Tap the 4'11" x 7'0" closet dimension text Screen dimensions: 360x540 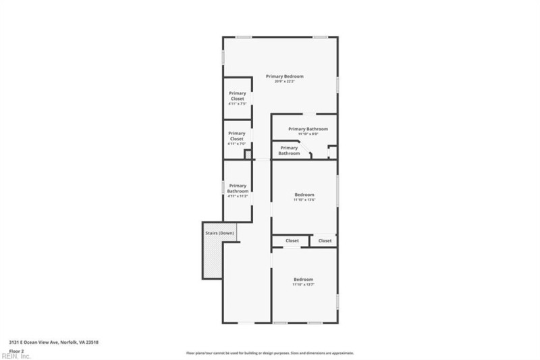click(x=237, y=144)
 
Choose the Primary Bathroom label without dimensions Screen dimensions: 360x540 click(x=289, y=151)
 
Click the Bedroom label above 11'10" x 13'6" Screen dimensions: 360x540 click(x=304, y=195)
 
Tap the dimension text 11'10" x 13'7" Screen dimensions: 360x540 click(x=304, y=284)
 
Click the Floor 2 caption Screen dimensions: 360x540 click(x=16, y=351)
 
